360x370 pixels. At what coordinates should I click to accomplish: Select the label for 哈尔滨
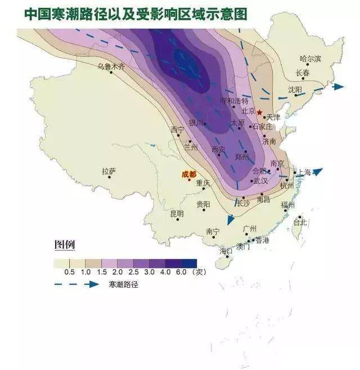(x=310, y=59)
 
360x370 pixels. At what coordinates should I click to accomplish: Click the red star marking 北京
(x=259, y=112)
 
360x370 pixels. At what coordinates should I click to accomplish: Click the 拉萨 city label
(x=109, y=171)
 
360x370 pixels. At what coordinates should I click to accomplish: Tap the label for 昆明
(x=177, y=213)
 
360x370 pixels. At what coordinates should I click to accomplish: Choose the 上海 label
(x=304, y=172)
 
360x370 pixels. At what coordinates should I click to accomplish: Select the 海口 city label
(x=226, y=251)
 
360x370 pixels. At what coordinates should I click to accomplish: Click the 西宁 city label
(x=177, y=130)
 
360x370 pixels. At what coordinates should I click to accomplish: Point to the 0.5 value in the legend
(x=70, y=271)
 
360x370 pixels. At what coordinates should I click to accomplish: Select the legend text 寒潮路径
(x=124, y=285)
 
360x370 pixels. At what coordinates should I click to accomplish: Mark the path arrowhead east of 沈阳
(x=338, y=87)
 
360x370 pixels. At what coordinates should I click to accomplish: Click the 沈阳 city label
(x=295, y=90)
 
